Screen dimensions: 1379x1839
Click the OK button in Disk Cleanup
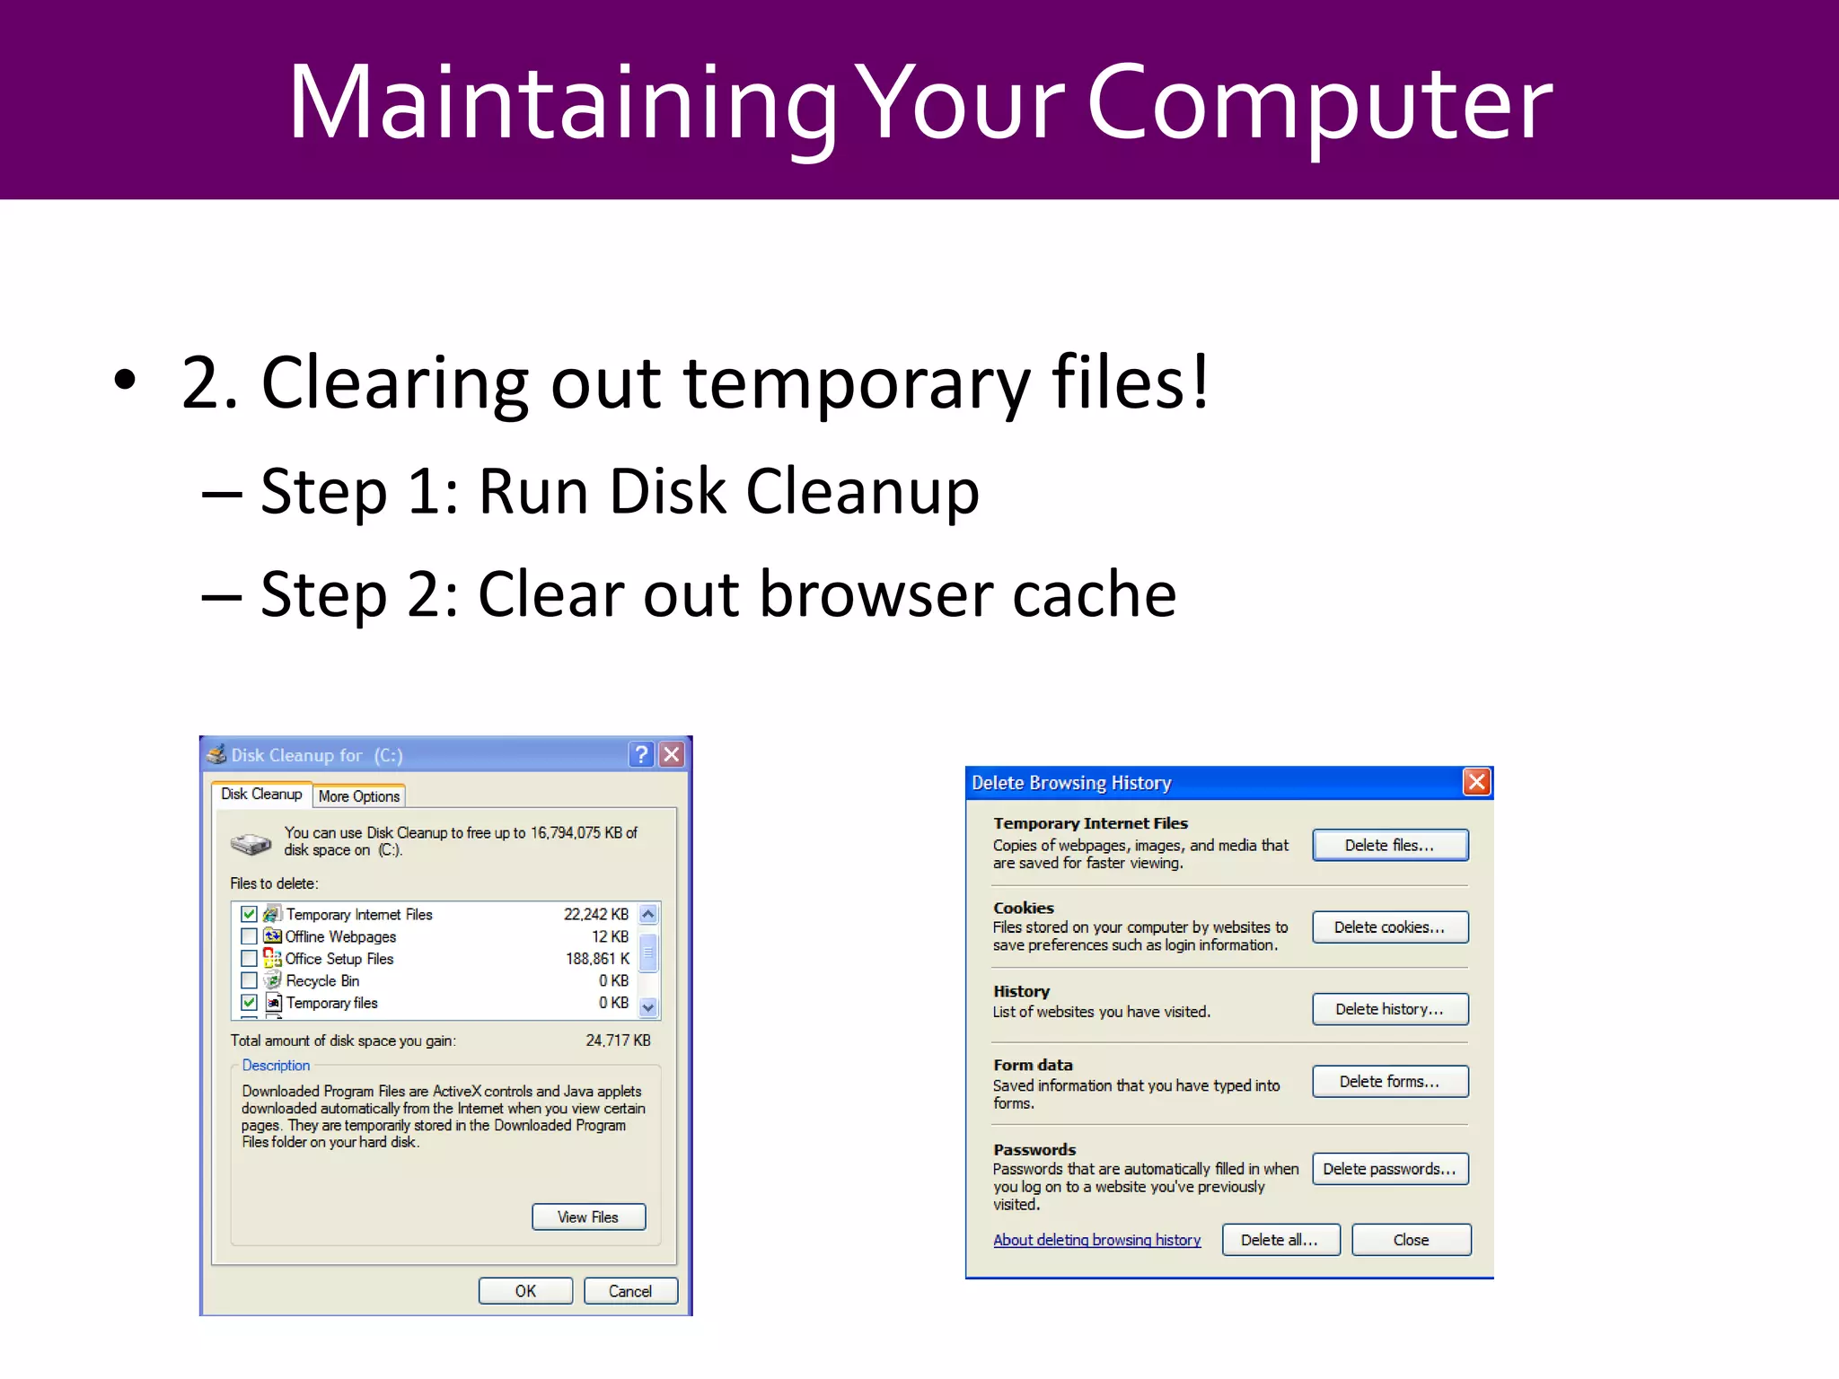525,1291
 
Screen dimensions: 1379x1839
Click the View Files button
588,1217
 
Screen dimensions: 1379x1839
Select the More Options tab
359,796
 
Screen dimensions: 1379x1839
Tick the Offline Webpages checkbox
250,936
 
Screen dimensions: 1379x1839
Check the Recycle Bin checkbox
250,980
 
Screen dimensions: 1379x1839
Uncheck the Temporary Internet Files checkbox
250,914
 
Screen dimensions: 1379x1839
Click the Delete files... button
1390,845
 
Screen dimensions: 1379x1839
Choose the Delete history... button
1390,1009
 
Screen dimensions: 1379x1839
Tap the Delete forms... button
1390,1082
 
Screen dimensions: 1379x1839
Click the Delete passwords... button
1390,1169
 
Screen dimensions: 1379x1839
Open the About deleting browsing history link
1096,1240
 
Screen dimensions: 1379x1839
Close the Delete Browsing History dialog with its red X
1476,782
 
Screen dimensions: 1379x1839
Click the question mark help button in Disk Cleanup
641,754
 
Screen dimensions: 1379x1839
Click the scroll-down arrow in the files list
648,1007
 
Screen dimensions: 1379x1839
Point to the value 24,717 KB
618,1041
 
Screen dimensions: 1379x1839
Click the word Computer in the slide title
1320,103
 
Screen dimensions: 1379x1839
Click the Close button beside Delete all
1411,1240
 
